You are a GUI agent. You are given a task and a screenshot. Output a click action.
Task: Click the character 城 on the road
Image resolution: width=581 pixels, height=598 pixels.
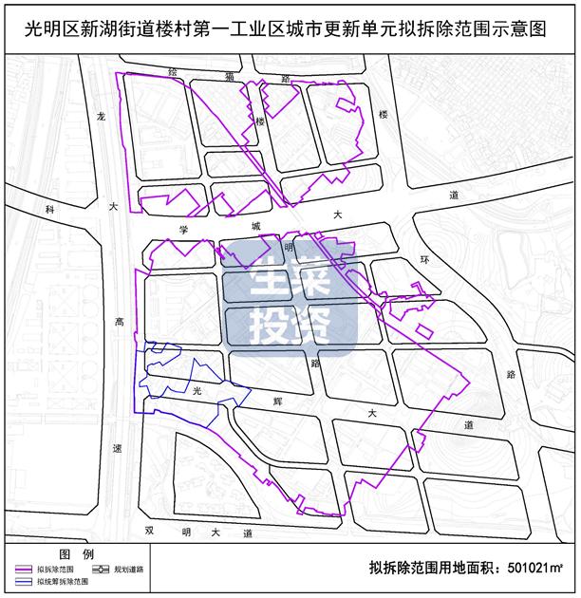click(254, 226)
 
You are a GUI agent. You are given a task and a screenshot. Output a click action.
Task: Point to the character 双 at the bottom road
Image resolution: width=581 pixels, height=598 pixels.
click(148, 533)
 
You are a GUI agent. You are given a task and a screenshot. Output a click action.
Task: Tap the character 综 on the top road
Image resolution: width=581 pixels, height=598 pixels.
click(172, 72)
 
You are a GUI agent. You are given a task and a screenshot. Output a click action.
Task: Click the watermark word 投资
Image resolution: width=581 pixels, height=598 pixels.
click(289, 326)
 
